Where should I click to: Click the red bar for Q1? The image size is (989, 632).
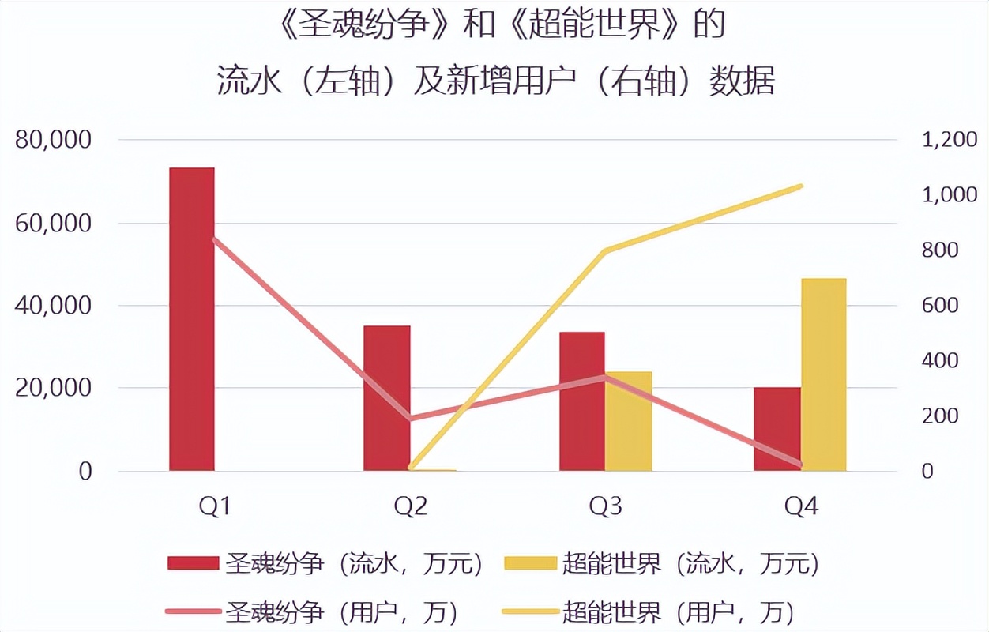(x=192, y=319)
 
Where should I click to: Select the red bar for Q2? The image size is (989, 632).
(x=386, y=398)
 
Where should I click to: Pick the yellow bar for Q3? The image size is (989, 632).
(x=629, y=421)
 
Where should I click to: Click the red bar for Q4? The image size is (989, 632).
(x=777, y=429)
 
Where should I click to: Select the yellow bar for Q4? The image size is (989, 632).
(x=823, y=374)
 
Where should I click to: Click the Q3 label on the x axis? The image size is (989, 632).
(x=605, y=506)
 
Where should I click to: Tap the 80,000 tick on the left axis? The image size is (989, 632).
(x=53, y=141)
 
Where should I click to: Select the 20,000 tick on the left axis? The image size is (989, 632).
(x=53, y=388)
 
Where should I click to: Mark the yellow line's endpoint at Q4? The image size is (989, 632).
(x=801, y=186)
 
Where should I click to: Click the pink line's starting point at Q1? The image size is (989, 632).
(x=215, y=239)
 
